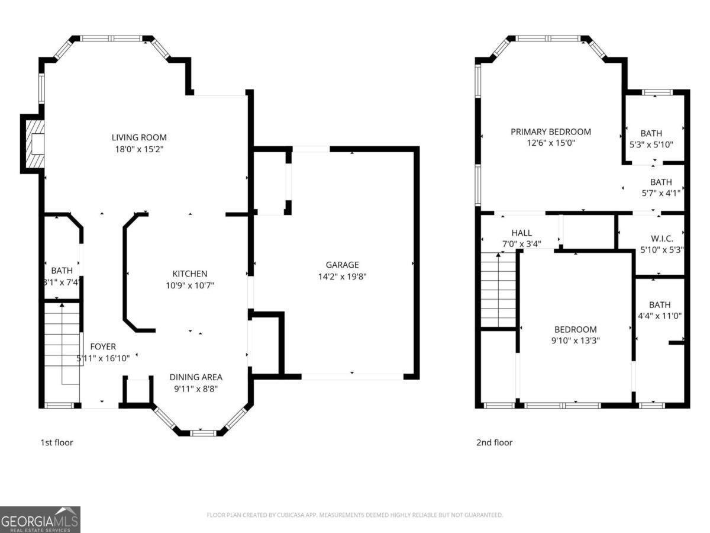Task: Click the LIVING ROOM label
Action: [x=139, y=138]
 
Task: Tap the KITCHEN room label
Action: [x=189, y=274]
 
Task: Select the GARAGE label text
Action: [x=342, y=265]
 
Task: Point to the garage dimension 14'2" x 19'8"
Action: [x=342, y=276]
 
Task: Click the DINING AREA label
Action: [x=196, y=377]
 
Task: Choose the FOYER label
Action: [x=103, y=346]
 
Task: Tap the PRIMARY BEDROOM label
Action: [x=550, y=131]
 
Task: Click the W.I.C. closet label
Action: [x=661, y=238]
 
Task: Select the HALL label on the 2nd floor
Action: [x=521, y=233]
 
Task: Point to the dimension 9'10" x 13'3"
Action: [x=575, y=341]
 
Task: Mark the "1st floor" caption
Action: [x=56, y=442]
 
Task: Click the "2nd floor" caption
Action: [x=494, y=442]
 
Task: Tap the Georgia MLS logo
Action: [x=40, y=519]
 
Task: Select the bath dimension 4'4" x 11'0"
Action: [x=659, y=316]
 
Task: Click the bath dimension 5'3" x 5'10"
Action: [x=651, y=145]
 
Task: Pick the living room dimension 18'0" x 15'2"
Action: [x=139, y=150]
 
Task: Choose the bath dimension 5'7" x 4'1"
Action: [x=661, y=192]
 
